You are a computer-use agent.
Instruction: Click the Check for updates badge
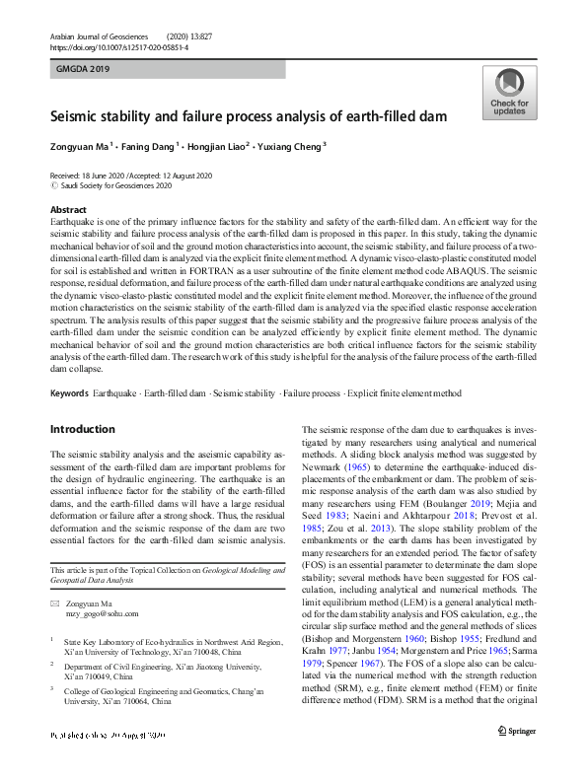coord(508,95)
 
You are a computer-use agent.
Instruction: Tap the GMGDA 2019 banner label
coord(84,69)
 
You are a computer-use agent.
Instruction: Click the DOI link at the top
coord(118,46)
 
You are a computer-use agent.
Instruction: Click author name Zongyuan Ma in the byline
coord(79,144)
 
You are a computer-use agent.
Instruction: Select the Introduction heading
coord(82,430)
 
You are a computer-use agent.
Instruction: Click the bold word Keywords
coord(69,393)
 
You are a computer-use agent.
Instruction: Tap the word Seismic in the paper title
coord(76,116)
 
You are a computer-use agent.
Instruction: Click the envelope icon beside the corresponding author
coord(54,603)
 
